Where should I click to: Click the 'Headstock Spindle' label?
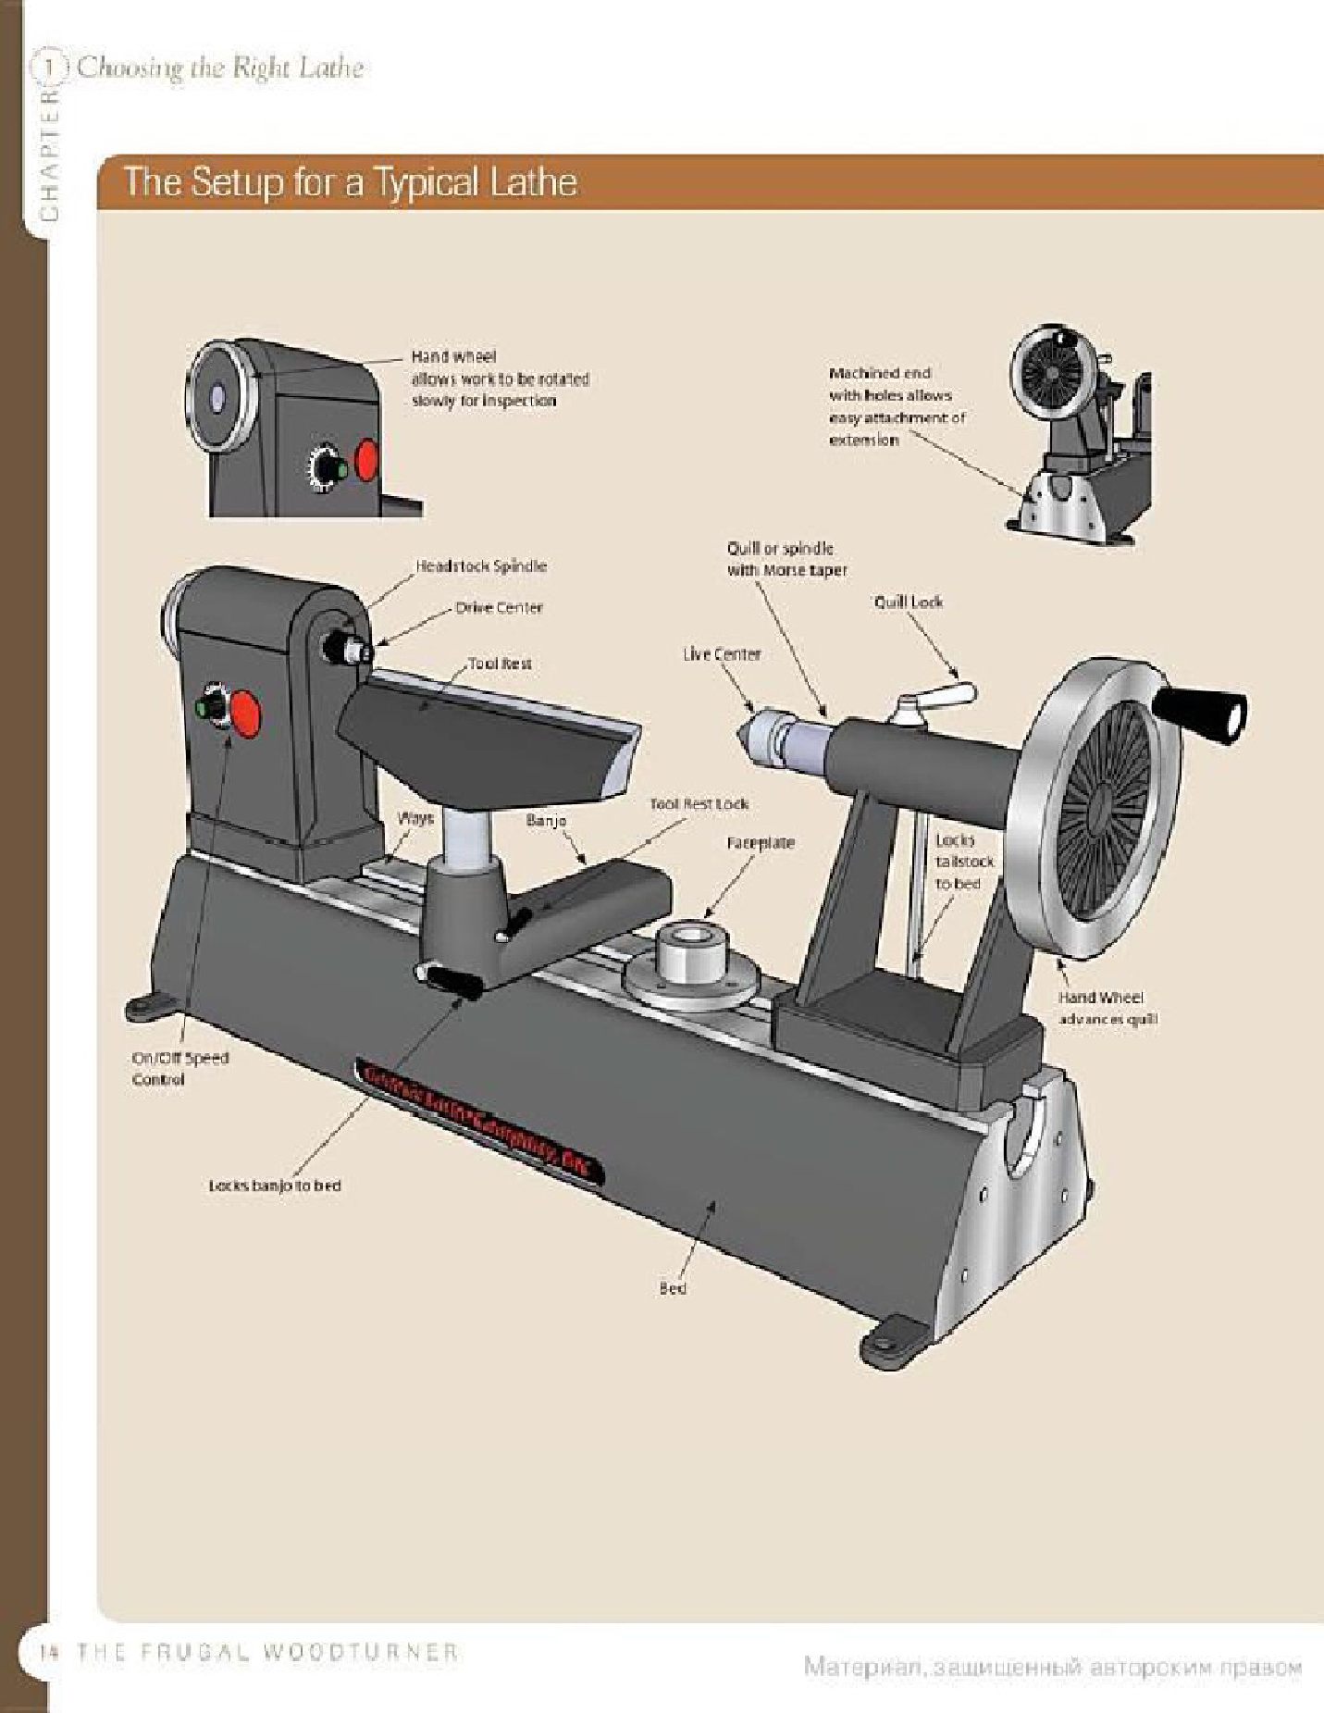[x=481, y=565]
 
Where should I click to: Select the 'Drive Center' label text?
[x=499, y=608]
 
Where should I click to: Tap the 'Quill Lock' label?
[x=908, y=602]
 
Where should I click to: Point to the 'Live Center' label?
[x=722, y=653]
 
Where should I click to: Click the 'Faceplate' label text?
[x=761, y=843]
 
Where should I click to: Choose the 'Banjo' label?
[x=546, y=820]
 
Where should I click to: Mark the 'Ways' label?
[x=415, y=818]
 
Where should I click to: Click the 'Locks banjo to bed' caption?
[x=275, y=1185]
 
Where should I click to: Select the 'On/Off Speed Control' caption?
[x=179, y=1068]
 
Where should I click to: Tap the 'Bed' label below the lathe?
[x=673, y=1287]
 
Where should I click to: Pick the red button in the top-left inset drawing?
[x=367, y=460]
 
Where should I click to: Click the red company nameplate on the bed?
[x=480, y=1120]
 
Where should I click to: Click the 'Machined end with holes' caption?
[x=896, y=406]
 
